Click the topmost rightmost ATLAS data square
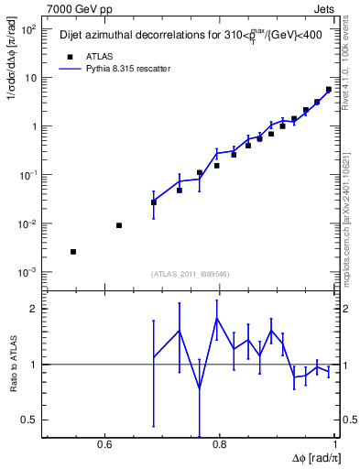pos(329,90)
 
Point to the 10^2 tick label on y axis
pos(27,29)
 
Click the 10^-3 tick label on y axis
pos(27,272)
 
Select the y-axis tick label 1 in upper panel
pos(34,126)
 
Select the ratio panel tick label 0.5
pos(29,420)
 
